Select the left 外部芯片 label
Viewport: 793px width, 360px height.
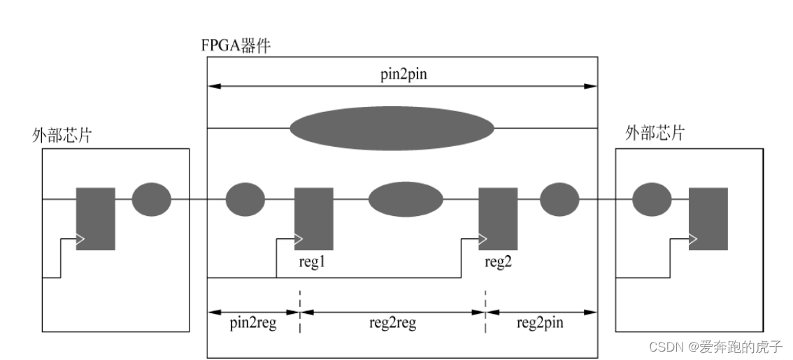click(x=62, y=135)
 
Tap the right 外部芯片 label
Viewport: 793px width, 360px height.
click(x=654, y=134)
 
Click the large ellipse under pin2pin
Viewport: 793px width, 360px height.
click(x=392, y=128)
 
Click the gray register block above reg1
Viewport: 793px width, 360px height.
click(x=313, y=219)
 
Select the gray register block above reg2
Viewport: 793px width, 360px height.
click(x=498, y=219)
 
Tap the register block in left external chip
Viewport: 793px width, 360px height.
click(x=96, y=219)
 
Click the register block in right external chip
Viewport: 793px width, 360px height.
click(x=708, y=219)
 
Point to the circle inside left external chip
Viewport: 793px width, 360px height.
click(x=151, y=199)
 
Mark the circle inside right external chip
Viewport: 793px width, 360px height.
click(x=652, y=199)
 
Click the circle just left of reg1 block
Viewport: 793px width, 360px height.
click(x=245, y=199)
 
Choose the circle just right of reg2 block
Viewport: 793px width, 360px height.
click(x=559, y=199)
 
